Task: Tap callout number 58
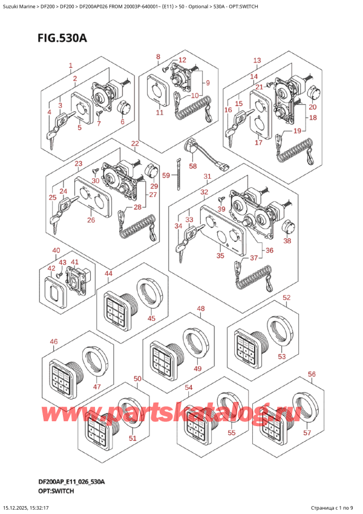pyautogui.click(x=193, y=166)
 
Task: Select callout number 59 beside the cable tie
pyautogui.click(x=166, y=175)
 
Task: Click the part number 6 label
pyautogui.click(x=122, y=122)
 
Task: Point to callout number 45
pyautogui.click(x=151, y=318)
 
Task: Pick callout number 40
pyautogui.click(x=56, y=251)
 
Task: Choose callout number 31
pyautogui.click(x=207, y=177)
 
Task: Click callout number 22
pyautogui.click(x=135, y=144)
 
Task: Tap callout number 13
pyautogui.click(x=257, y=60)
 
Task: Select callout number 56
pyautogui.click(x=312, y=374)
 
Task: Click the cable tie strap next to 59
pyautogui.click(x=178, y=174)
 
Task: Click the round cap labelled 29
pyautogui.click(x=151, y=172)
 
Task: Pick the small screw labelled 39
pyautogui.click(x=221, y=199)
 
